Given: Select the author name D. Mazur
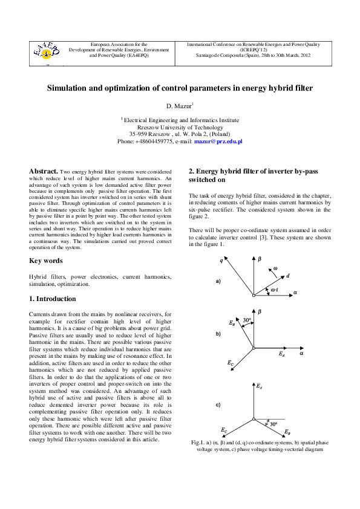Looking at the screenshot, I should [x=179, y=106].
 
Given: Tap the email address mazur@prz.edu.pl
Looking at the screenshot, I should [x=218, y=141].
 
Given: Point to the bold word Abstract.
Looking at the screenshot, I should [x=44, y=172].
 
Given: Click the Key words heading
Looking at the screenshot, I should [x=46, y=261].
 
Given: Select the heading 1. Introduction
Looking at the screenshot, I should [x=53, y=299].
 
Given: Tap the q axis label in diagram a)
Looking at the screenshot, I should [x=221, y=261].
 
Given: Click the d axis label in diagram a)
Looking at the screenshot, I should [x=287, y=276].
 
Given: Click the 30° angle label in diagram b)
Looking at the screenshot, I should [x=247, y=320].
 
